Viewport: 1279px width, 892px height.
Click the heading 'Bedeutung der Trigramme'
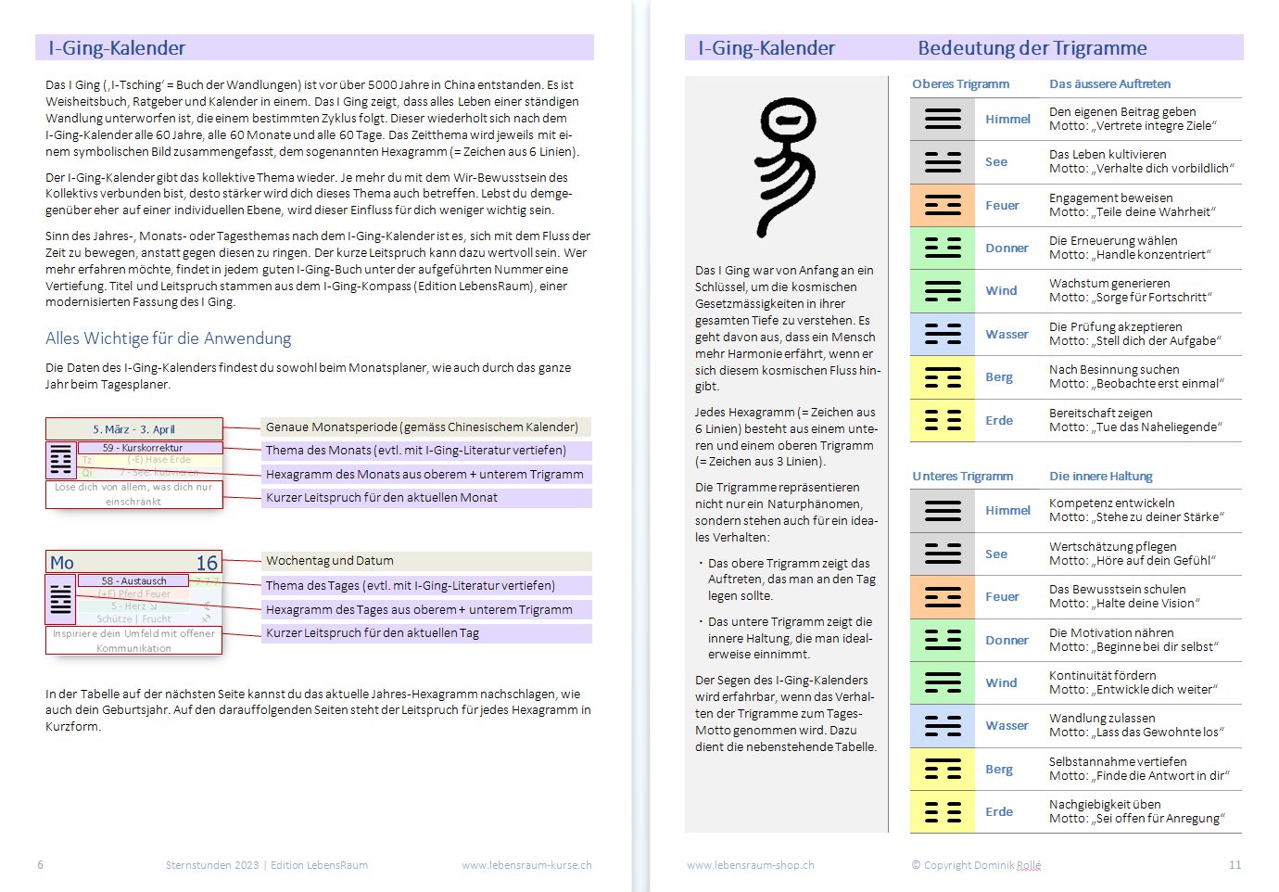pos(1032,48)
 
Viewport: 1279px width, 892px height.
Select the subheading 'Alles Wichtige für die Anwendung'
pos(168,338)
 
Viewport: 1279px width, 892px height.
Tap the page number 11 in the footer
pos(1235,865)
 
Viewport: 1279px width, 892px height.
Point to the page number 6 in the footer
pos(41,865)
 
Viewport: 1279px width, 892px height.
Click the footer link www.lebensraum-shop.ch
pos(750,865)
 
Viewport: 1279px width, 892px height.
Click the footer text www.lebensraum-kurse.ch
pos(526,865)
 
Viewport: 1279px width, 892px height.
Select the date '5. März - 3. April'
pos(133,429)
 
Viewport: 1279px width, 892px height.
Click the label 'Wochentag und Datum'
pos(330,561)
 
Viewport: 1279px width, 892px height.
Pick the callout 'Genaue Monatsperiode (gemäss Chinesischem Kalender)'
pos(422,427)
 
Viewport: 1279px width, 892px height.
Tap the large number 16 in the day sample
pos(207,563)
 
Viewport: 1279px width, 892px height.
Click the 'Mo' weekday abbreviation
pos(62,563)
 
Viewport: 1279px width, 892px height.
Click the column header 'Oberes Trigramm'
pos(960,84)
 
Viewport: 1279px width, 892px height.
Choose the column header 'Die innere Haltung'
pos(1100,477)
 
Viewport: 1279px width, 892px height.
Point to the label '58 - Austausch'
pos(134,581)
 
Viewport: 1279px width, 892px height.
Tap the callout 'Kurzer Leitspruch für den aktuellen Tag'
pos(373,633)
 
